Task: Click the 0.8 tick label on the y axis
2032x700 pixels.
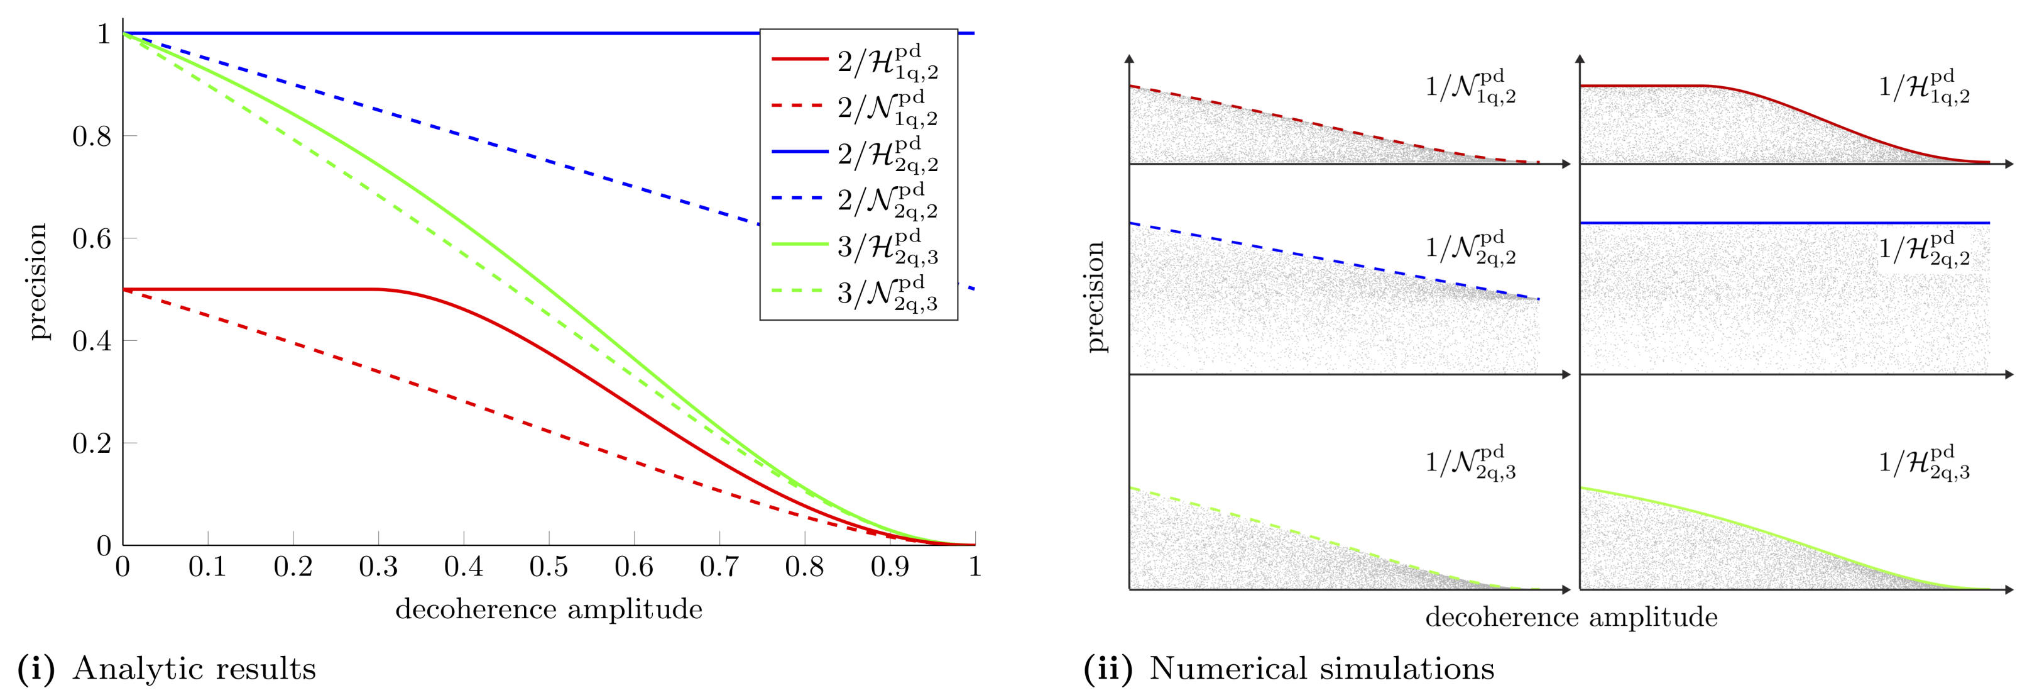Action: tap(92, 136)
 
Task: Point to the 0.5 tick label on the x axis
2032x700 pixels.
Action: tap(549, 567)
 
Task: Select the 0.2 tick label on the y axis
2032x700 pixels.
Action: tap(92, 443)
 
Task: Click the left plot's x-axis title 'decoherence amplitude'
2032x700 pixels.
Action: tap(549, 609)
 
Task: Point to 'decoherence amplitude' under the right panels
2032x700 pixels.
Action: tap(1571, 617)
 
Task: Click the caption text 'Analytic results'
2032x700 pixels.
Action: tap(194, 669)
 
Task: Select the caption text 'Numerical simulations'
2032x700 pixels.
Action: tap(1321, 669)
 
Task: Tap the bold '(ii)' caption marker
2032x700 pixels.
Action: tap(1108, 669)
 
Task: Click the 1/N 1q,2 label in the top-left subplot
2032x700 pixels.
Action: tap(1470, 87)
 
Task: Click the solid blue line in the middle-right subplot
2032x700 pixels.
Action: tap(1783, 223)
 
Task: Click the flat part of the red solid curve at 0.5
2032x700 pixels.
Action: tap(253, 290)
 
